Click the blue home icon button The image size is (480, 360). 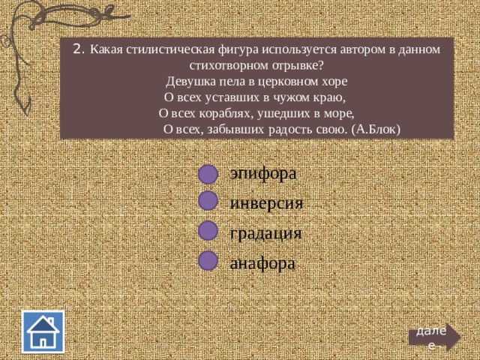(43, 331)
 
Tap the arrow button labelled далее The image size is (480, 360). (434, 337)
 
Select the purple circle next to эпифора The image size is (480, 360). (208, 175)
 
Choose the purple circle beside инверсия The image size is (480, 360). (208, 201)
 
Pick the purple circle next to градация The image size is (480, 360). (208, 230)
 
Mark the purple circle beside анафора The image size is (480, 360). (208, 260)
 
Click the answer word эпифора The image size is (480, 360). (263, 174)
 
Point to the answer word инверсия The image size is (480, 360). (266, 203)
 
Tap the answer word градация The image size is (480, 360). (265, 234)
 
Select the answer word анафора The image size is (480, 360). (262, 264)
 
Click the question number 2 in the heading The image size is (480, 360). (78, 49)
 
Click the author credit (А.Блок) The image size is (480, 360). (376, 130)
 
